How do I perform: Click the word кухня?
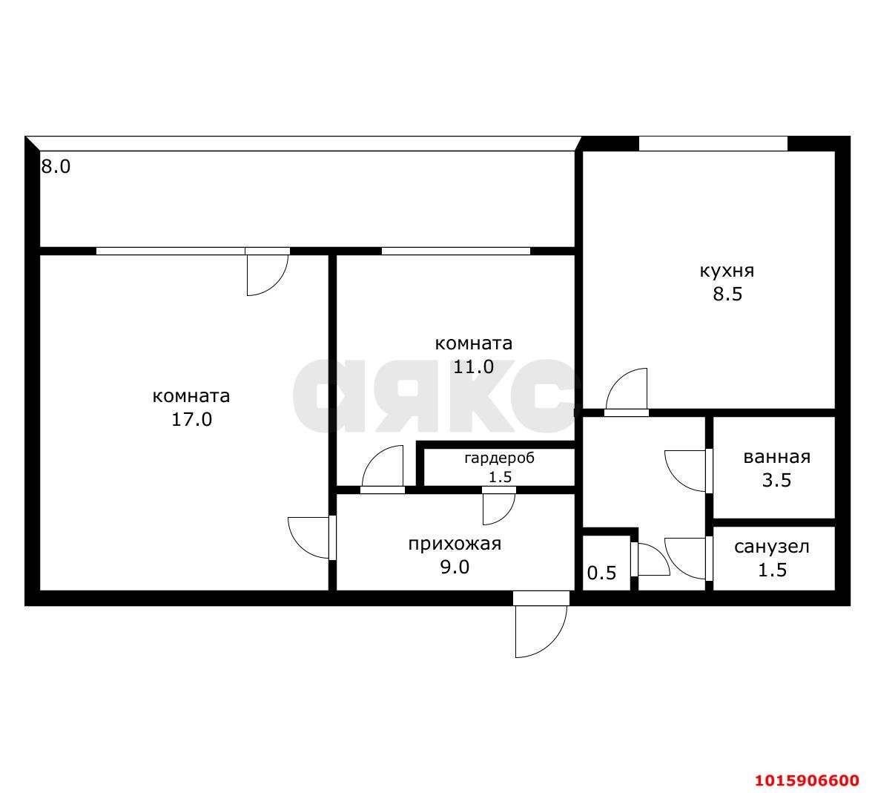pos(727,271)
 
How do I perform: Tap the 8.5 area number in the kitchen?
pos(727,295)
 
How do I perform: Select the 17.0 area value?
pos(191,420)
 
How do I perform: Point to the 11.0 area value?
pos(473,367)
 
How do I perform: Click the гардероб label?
pos(499,458)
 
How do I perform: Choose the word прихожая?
pos(455,544)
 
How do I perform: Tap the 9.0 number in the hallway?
pos(455,567)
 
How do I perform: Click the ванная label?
pos(776,457)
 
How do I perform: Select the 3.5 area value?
pos(776,481)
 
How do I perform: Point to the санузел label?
pos(772,547)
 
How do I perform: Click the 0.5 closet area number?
pos(601,573)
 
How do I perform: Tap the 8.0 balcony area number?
pos(56,167)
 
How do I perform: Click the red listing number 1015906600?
pos(807,780)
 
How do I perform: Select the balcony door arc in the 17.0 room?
pos(267,274)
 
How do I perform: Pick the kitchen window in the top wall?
pos(713,143)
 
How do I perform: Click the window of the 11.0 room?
pos(455,251)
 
